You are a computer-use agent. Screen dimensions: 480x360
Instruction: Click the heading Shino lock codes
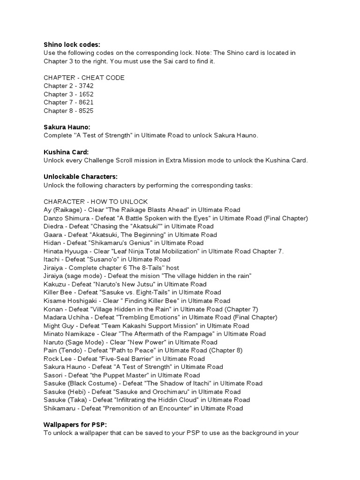click(72, 45)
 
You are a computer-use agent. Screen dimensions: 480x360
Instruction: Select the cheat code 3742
click(86, 86)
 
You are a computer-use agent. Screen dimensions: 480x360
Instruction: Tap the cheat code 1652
click(86, 94)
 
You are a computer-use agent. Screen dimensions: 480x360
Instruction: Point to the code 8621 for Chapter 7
click(86, 102)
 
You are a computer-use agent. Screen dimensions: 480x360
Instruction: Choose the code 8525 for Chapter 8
click(86, 111)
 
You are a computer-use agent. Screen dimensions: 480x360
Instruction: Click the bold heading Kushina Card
click(66, 152)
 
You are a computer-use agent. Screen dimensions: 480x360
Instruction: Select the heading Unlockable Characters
click(80, 177)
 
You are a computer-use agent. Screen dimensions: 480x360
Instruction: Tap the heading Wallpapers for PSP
click(75, 424)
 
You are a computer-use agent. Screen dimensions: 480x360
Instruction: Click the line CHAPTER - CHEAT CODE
click(84, 77)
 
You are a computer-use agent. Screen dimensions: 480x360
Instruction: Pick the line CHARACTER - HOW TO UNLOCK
click(96, 202)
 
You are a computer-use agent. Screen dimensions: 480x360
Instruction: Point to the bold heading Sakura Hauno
click(67, 127)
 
